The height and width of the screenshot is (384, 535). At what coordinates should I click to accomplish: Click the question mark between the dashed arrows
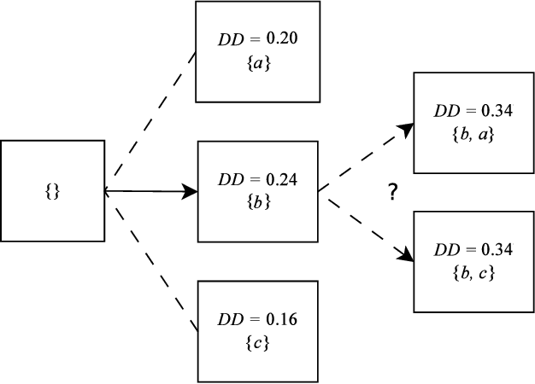pos(392,192)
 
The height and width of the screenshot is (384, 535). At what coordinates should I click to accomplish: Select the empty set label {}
pos(51,191)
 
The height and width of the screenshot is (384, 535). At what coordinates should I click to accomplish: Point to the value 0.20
pos(281,38)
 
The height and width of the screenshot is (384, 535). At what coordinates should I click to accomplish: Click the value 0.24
pos(282,180)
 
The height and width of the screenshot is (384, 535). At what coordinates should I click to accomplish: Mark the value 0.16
pos(282,319)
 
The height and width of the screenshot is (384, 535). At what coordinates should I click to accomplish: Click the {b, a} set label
pos(473,134)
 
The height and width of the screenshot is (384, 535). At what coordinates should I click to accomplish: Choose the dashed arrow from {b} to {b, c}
pos(363,225)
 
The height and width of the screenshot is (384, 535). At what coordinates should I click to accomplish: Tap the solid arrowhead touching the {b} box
pos(190,192)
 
